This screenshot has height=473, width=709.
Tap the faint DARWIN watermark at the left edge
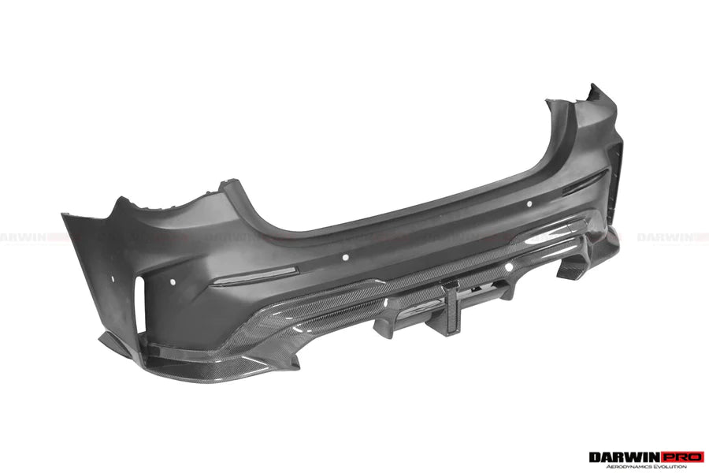click(24, 236)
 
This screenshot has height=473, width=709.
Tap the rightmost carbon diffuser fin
click(570, 268)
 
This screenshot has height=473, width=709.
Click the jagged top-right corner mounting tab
click(594, 95)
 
